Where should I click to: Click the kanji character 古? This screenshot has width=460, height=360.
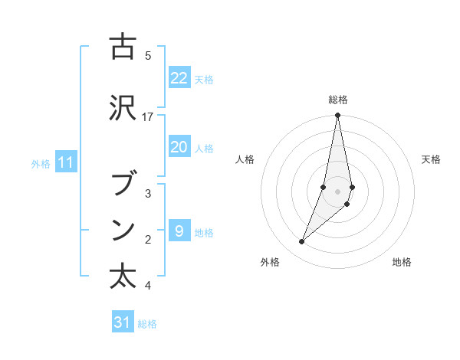pos(123,47)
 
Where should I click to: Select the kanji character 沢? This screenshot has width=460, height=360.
pos(123,107)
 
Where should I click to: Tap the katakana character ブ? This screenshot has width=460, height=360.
pos(123,184)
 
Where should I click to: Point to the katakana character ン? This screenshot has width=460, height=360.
pos(123,230)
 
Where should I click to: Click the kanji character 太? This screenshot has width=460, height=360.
pos(123,277)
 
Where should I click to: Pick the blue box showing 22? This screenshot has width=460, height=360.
pos(179,78)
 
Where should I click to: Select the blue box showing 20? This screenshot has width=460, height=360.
pos(179,148)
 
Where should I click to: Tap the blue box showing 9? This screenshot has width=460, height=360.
pos(179,231)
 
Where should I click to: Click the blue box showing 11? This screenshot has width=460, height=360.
pos(65,162)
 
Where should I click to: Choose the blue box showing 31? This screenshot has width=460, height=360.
pos(123,322)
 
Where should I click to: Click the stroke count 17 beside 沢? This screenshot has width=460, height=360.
pos(148,116)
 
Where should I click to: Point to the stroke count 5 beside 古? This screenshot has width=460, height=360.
pos(148,55)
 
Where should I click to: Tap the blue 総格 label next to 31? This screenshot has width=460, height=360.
pos(147,324)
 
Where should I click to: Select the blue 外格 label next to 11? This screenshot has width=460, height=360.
pos(41,163)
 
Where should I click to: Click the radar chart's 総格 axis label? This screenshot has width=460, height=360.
pos(338,100)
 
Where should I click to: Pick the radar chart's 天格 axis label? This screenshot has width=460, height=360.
pos(432,159)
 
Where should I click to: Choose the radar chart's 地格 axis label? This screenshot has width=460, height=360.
pos(402,263)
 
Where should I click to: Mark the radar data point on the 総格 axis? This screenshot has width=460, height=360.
pos(337,115)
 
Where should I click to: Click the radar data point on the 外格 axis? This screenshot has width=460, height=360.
pos(301,242)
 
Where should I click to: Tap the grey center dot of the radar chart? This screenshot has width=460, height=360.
pos(337,191)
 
